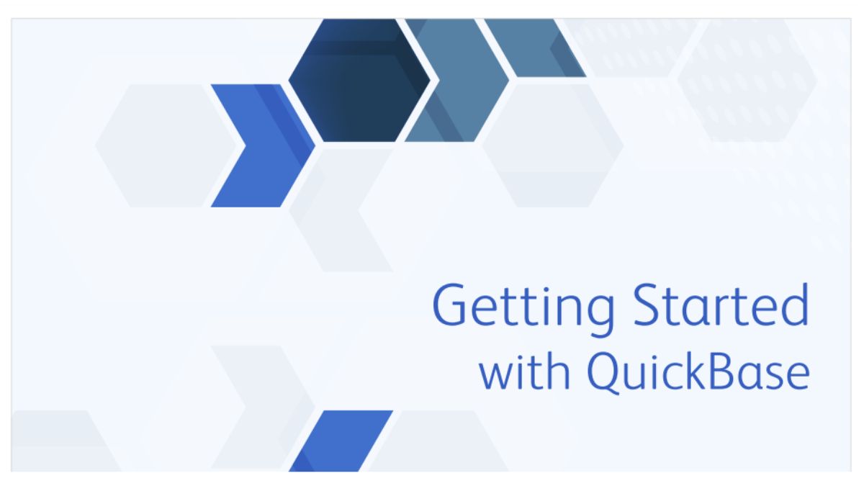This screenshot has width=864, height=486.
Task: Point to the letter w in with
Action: coord(495,376)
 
